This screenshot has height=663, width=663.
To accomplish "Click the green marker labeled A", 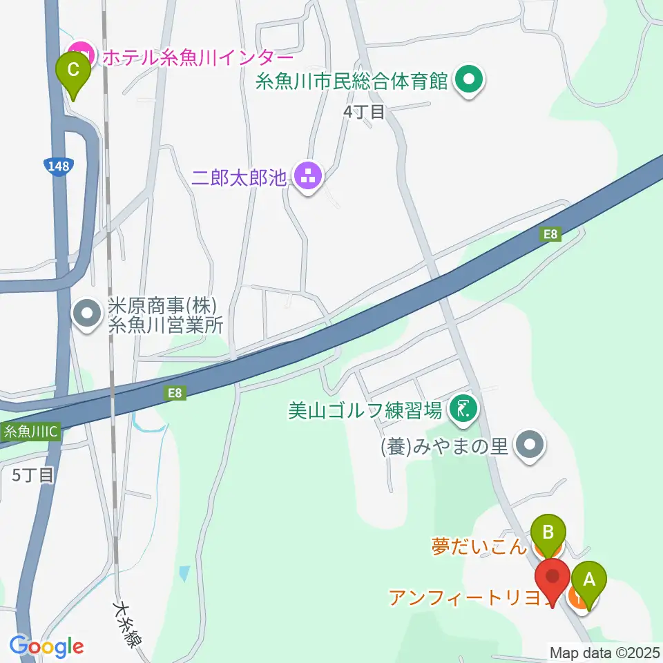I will pos(588,579).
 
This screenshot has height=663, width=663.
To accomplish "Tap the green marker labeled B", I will pos(548,533).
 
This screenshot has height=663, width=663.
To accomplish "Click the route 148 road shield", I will pos(57,166).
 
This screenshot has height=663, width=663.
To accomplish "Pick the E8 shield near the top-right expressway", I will pos(550,235).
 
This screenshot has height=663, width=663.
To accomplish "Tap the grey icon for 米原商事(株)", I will pos(87,315).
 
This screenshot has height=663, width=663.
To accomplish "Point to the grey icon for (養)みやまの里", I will pos(530,445).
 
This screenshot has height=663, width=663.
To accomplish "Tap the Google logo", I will pos(46,646).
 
